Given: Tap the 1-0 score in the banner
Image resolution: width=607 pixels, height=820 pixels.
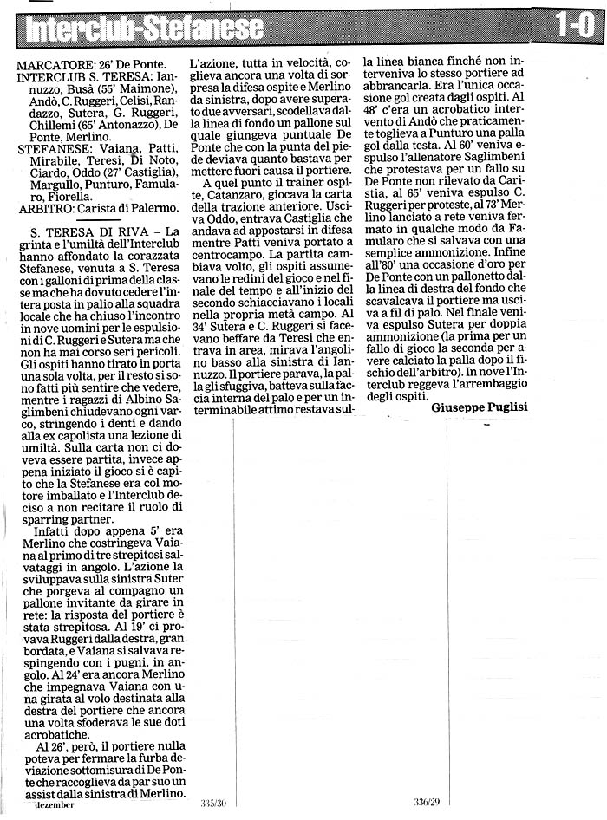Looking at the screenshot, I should [x=573, y=28].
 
